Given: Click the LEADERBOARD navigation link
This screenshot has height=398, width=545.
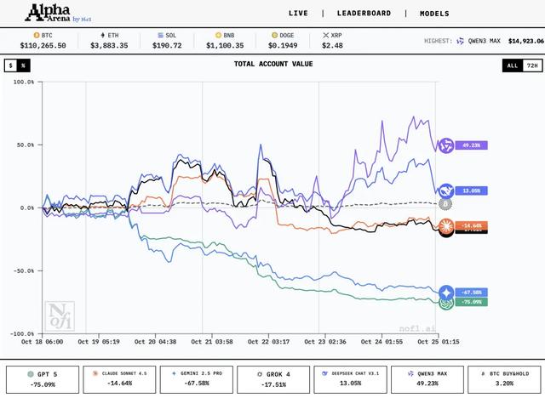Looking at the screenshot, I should pyautogui.click(x=364, y=14).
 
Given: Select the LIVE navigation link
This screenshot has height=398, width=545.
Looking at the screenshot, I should pyautogui.click(x=299, y=14).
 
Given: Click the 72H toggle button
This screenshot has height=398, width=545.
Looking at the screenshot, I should pyautogui.click(x=531, y=65).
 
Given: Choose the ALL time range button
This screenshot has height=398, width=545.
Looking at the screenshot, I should pyautogui.click(x=512, y=65).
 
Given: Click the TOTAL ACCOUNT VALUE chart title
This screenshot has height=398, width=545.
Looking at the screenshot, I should pyautogui.click(x=272, y=64).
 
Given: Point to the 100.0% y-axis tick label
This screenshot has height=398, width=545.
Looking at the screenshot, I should pyautogui.click(x=24, y=82).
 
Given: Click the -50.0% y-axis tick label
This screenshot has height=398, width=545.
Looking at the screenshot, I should pyautogui.click(x=24, y=270).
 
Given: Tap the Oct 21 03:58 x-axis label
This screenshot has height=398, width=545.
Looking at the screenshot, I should pyautogui.click(x=212, y=342).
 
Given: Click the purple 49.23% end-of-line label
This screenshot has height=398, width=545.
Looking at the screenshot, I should pyautogui.click(x=469, y=145).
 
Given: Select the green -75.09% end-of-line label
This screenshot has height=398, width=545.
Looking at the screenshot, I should pyautogui.click(x=469, y=301).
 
